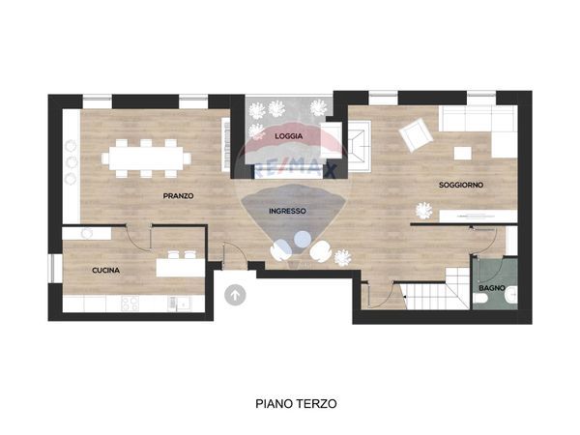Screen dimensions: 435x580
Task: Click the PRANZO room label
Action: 178,195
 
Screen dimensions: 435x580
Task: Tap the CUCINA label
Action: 105,271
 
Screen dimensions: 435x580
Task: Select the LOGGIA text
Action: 288,136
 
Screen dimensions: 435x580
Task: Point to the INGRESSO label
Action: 288,211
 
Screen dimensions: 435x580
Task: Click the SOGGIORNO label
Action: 461,184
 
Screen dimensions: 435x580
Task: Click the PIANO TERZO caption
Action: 296,404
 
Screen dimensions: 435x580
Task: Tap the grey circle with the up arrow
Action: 235,295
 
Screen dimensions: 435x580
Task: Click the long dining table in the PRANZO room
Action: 150,156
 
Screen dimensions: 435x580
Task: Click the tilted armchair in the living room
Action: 417,134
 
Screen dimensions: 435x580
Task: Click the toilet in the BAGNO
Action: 482,303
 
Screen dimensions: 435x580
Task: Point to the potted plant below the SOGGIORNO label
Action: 423,208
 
